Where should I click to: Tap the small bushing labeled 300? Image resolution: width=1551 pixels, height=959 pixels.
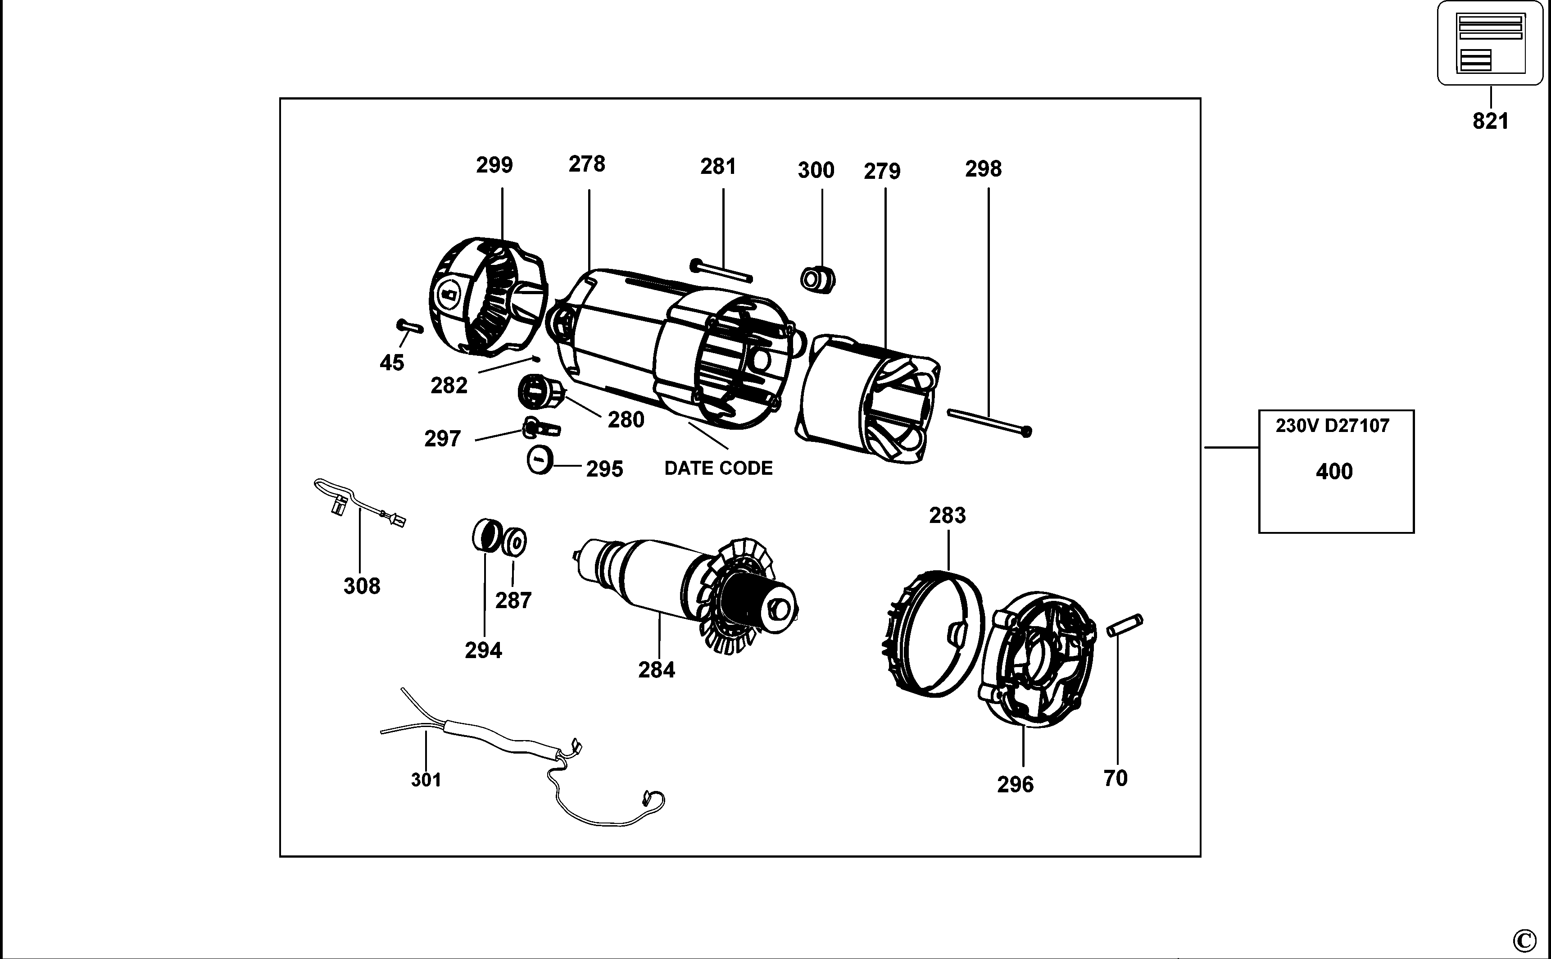pos(817,280)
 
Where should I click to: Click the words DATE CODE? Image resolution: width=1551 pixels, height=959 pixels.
pos(718,468)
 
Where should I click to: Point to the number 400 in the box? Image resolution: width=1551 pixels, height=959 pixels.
pos(1334,472)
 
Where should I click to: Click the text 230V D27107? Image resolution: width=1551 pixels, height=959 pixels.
pos(1332,426)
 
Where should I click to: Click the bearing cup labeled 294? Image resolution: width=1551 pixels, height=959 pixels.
pos(486,535)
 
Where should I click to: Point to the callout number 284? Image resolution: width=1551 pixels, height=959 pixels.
pos(656,670)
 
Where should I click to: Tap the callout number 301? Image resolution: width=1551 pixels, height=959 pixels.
pos(426,780)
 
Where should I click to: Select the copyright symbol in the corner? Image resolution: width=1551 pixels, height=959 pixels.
pos(1524,939)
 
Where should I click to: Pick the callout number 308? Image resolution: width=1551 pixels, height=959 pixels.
pos(362,586)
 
